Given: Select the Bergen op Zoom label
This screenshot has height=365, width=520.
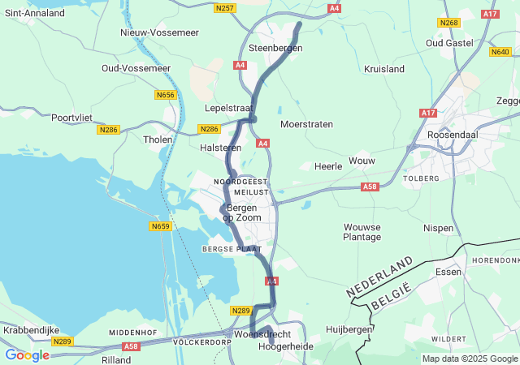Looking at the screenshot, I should (240, 213).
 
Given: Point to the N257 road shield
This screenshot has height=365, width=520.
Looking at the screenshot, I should (225, 8).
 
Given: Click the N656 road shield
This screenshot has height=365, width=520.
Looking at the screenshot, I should (166, 95).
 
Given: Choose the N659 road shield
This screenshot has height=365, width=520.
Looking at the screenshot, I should (161, 226).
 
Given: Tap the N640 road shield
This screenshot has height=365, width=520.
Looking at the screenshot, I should (500, 52).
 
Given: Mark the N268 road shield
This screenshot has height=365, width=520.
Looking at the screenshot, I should (448, 23).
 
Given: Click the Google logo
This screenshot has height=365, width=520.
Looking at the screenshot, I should (27, 354).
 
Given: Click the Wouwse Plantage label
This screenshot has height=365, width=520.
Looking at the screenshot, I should (362, 232).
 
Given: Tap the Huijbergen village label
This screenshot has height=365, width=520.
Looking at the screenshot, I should (349, 329).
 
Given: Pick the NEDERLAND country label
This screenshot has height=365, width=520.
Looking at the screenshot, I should (379, 277).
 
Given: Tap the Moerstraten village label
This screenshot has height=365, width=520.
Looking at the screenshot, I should (306, 125).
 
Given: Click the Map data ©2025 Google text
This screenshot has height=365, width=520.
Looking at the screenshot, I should (469, 359).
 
